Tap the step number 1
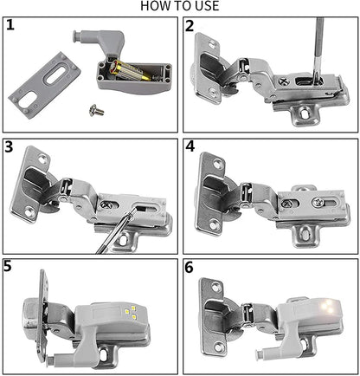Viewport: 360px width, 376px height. coord(11,25)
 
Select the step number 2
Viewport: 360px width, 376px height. coord(190,25)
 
